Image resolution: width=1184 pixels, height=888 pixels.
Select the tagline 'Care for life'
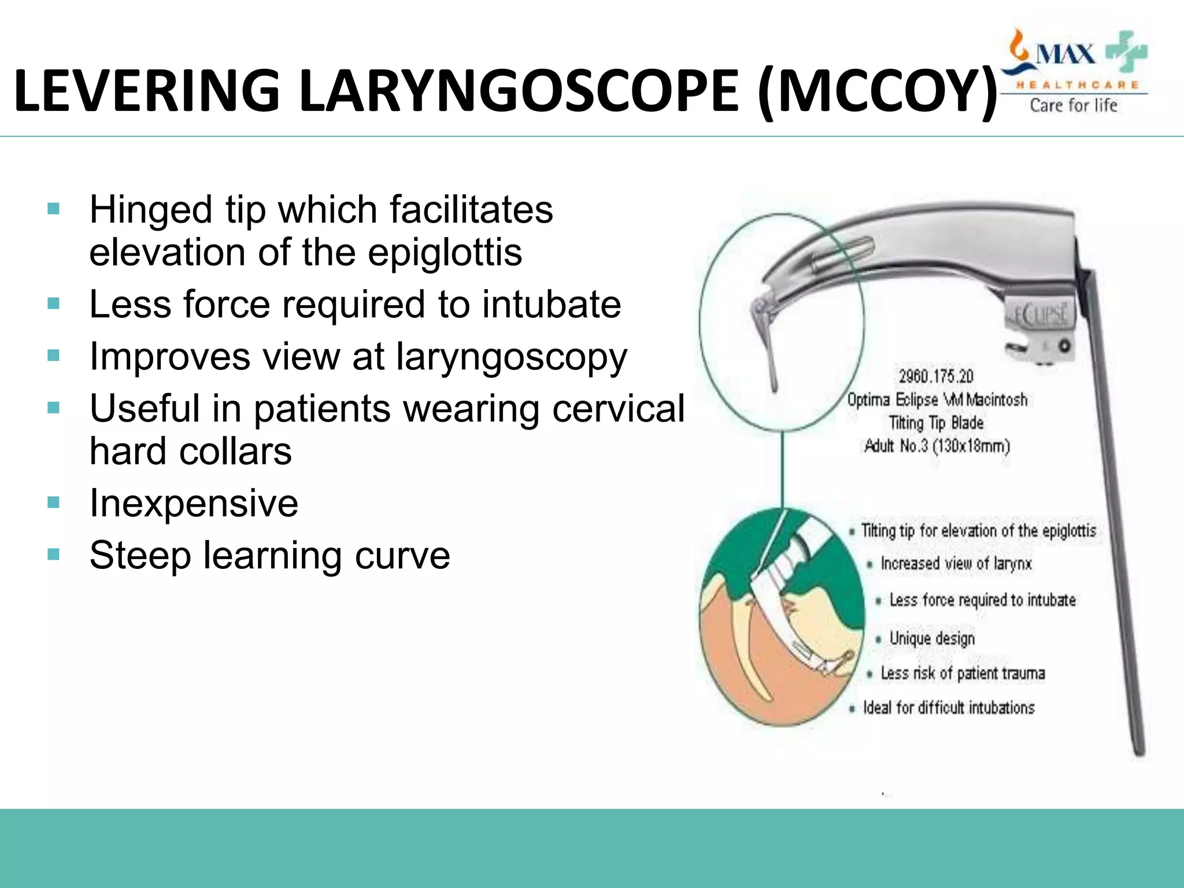click(x=1074, y=105)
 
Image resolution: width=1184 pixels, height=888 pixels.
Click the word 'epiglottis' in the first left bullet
click(x=445, y=253)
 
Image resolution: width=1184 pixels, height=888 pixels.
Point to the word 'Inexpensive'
click(x=194, y=503)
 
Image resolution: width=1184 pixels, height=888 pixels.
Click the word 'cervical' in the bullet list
click(x=618, y=408)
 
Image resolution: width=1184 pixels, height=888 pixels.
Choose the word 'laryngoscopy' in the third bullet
click(x=511, y=357)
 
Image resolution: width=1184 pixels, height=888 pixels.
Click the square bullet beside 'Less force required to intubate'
click(x=54, y=304)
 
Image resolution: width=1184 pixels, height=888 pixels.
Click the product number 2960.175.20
click(x=936, y=376)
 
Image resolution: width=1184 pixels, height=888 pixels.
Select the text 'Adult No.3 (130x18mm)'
click(x=937, y=446)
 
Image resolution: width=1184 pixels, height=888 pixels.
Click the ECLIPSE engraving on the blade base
click(x=1041, y=315)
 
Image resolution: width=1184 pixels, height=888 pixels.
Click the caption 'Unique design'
click(x=932, y=638)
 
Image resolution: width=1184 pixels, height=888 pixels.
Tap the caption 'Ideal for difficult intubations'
click(x=949, y=708)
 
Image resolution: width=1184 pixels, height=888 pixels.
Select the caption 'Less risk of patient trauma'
click(x=963, y=674)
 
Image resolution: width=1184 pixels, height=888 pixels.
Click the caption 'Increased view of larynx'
click(x=956, y=563)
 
